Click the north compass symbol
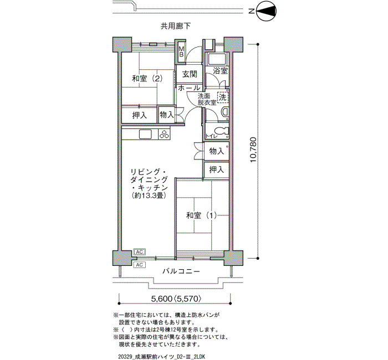(x=266, y=12)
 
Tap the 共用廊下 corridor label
(x=176, y=26)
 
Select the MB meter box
(x=181, y=52)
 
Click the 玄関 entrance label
(x=190, y=74)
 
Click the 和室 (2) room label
(x=147, y=79)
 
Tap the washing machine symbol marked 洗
(x=223, y=97)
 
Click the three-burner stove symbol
(x=164, y=134)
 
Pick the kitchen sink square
(x=145, y=135)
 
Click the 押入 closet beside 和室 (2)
(x=140, y=115)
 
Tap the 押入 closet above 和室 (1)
(x=216, y=169)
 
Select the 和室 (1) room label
(x=202, y=215)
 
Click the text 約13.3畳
(x=149, y=196)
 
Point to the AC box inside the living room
(x=139, y=252)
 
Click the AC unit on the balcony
(x=139, y=265)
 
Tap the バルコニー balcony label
(x=181, y=271)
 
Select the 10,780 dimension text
(x=254, y=150)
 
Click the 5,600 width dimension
(x=162, y=299)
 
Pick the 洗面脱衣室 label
(x=207, y=99)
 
